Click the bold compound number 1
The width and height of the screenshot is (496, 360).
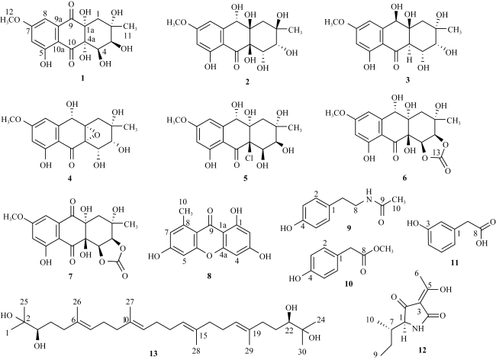click(x=83, y=78)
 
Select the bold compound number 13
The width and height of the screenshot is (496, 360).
click(x=153, y=353)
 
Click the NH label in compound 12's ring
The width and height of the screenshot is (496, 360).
click(x=419, y=329)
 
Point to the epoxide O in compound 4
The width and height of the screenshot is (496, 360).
click(x=97, y=135)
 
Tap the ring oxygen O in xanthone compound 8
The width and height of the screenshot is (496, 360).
click(x=209, y=257)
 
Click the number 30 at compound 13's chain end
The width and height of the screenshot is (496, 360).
click(x=302, y=352)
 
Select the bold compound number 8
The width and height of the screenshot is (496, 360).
click(x=209, y=276)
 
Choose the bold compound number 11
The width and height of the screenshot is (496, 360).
click(x=455, y=262)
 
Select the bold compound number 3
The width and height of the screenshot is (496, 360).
click(x=407, y=80)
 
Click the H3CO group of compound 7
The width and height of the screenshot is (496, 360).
click(x=13, y=217)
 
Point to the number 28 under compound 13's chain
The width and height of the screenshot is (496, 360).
click(x=196, y=352)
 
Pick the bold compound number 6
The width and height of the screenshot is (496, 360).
click(x=404, y=178)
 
